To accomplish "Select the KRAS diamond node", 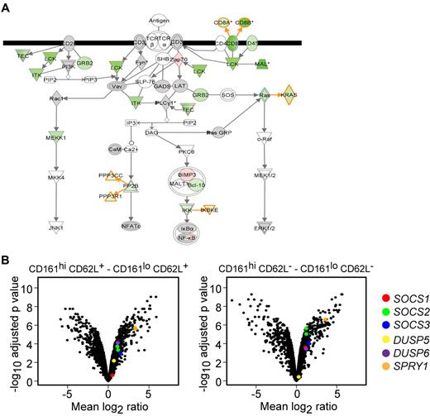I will (x=289, y=96).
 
